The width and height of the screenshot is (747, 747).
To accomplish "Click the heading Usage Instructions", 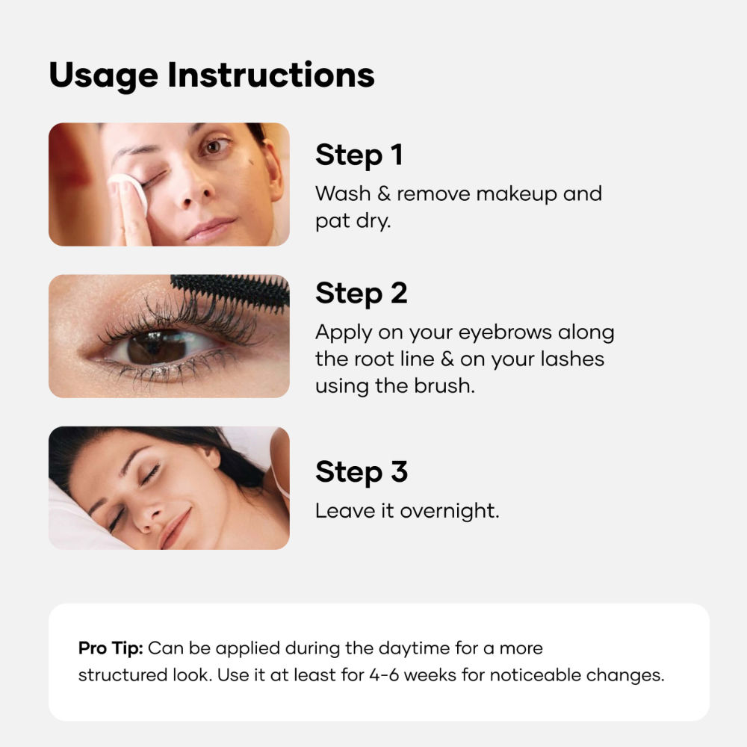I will (x=211, y=75).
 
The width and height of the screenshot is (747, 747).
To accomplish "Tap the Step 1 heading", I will (x=359, y=155).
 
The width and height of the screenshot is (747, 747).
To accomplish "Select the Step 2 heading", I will (x=361, y=294).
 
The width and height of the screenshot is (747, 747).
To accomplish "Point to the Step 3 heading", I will (x=361, y=472).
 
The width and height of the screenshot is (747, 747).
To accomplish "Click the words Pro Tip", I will (x=110, y=648).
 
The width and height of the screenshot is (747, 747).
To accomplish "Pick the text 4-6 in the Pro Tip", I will (x=386, y=675).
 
